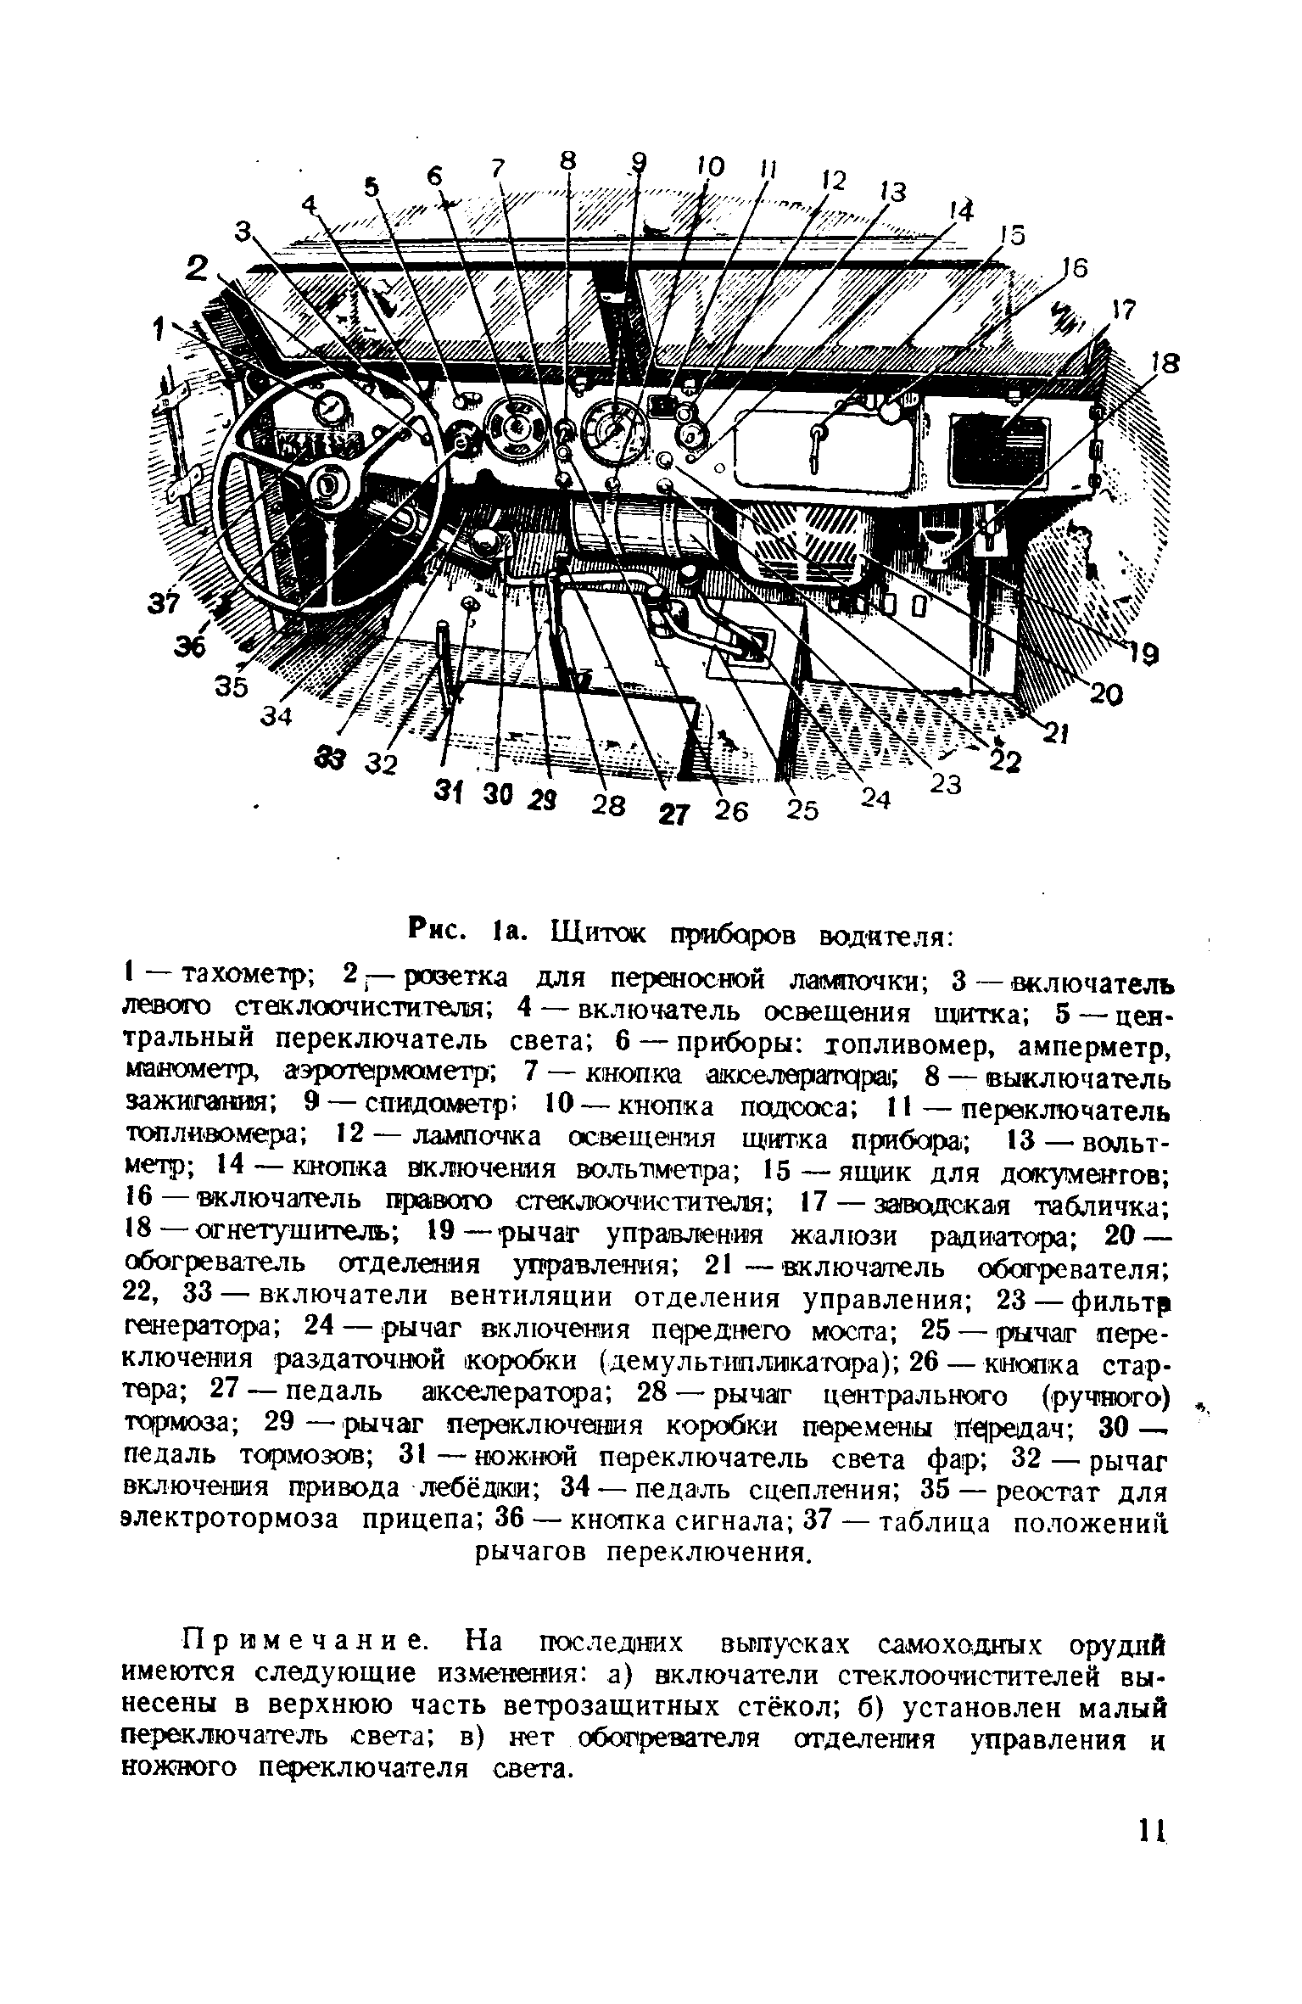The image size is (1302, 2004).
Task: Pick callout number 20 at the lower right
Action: point(1105,695)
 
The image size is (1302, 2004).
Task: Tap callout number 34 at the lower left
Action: point(276,715)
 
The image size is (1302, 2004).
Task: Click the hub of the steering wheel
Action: point(326,484)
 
